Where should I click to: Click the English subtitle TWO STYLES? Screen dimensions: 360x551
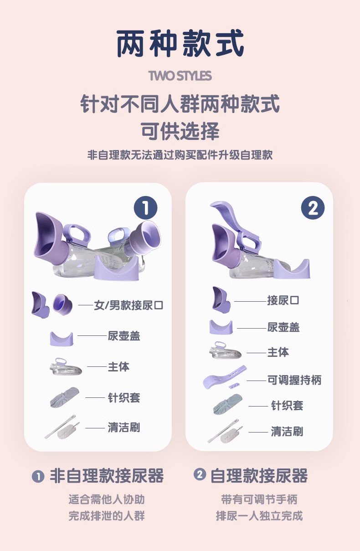pos(180,76)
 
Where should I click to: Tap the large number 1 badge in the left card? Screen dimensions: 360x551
pos(145,208)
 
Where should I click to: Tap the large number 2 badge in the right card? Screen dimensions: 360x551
pos(313,208)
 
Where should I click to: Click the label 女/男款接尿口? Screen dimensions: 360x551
pos(129,305)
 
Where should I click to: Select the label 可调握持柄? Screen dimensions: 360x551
pos(294,380)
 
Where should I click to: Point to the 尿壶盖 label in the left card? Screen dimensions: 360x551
pos(124,336)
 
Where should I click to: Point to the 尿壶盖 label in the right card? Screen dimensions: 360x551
pos(283,327)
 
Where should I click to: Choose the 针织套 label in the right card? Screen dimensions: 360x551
pos(287,405)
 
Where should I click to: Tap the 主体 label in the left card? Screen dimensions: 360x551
pos(118,367)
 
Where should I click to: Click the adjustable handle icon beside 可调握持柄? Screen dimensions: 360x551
pos(225,377)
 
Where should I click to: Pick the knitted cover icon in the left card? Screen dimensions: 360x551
pos(65,397)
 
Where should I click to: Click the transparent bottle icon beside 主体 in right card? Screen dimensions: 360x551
pos(225,350)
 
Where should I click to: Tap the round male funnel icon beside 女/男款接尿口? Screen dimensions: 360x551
pos(63,304)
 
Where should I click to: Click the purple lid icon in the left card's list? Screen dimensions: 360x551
pos(62,339)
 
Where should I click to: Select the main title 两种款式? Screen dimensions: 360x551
pos(180,43)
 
